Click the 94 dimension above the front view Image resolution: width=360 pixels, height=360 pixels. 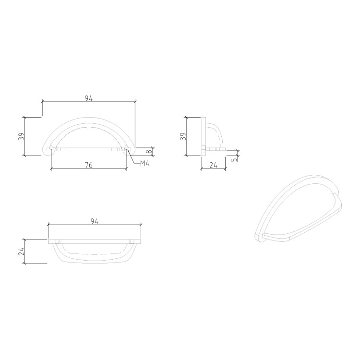click(88, 98)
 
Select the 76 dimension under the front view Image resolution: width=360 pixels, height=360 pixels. click(89, 165)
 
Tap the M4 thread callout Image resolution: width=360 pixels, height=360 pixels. click(145, 164)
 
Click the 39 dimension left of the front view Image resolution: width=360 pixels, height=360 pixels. click(21, 136)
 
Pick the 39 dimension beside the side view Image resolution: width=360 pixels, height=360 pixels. click(182, 136)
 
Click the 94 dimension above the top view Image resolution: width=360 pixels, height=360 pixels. click(94, 221)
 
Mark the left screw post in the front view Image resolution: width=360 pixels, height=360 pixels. click(51, 149)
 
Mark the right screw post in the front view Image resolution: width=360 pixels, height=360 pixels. click(126, 149)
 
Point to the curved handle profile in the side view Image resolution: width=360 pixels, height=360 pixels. click(218, 132)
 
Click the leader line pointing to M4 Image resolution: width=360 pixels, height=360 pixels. click(134, 159)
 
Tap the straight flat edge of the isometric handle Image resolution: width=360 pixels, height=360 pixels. click(278, 237)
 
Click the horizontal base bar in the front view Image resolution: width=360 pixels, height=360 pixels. click(89, 149)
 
